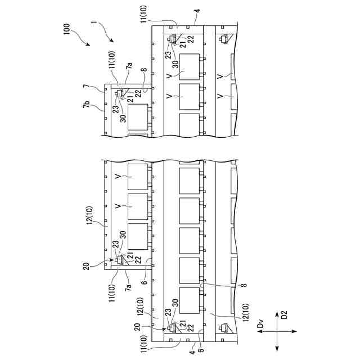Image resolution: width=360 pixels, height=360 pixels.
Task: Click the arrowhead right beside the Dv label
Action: pos(259,332)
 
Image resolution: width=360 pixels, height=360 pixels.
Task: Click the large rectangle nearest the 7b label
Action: pos(138,119)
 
